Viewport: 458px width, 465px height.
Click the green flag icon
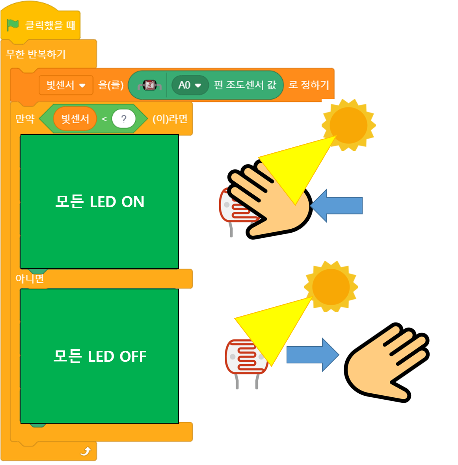click(13, 25)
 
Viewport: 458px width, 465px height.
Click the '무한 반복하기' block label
click(36, 54)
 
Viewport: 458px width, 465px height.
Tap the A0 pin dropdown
click(190, 85)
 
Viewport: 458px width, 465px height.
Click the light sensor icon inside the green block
click(149, 85)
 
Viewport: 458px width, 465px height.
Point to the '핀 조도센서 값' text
click(245, 85)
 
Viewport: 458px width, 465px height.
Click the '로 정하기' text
click(309, 85)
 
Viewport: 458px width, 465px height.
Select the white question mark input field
click(123, 119)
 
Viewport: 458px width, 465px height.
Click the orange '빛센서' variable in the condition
click(75, 119)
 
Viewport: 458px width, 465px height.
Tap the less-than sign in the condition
click(104, 119)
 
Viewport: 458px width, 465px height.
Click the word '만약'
click(25, 119)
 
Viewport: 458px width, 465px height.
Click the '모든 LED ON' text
click(100, 202)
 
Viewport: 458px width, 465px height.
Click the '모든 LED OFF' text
click(100, 356)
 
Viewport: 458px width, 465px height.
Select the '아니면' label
click(30, 279)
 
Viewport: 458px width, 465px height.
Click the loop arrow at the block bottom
click(86, 451)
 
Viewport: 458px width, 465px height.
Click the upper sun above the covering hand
click(348, 125)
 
